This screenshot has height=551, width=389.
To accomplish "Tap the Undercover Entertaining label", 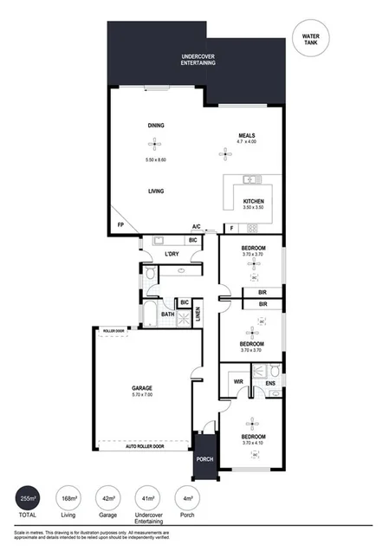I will coord(198,61).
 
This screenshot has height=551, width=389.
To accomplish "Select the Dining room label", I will coord(156,126).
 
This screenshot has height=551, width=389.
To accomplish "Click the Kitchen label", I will coord(253,202).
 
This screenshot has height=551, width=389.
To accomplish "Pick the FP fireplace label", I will coord(120,227).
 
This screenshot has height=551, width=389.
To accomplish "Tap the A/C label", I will coord(197,228).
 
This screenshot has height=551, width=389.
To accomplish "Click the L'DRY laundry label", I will coord(171,256).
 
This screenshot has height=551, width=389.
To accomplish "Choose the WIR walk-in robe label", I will coord(237,381).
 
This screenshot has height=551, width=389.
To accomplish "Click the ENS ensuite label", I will coord(270,381).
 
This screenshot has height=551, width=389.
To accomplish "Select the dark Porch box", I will coord(205,460).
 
